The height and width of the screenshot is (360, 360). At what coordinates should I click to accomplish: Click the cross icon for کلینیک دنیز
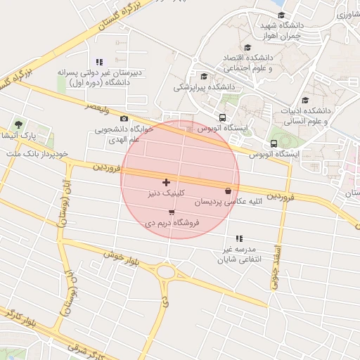coord(166,182)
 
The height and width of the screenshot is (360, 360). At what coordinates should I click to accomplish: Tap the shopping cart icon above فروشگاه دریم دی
coord(172,212)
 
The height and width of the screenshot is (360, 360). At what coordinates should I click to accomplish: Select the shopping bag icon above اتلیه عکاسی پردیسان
coord(227,191)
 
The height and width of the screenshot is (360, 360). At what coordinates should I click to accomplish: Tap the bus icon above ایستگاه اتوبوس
coord(222,118)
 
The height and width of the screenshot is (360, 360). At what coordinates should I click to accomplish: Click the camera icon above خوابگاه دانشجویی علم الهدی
coord(124,119)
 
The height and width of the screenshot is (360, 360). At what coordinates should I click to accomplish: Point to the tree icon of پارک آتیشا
coord(19,124)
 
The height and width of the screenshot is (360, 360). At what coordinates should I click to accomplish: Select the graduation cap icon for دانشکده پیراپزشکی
coord(205,77)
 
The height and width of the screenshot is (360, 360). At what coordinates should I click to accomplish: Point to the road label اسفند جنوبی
coord(275,267)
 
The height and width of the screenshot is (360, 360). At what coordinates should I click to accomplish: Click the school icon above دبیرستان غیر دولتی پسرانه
coord(98,62)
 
